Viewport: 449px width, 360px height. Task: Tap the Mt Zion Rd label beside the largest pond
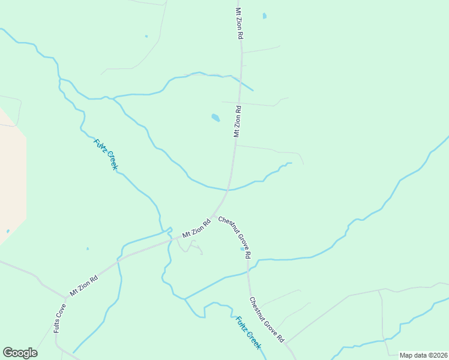click(237, 122)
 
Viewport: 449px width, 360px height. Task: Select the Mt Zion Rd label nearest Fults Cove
click(83, 286)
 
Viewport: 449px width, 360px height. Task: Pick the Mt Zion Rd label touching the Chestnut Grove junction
click(196, 227)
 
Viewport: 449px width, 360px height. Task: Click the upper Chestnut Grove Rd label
click(234, 237)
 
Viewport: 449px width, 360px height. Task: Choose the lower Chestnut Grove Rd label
click(267, 320)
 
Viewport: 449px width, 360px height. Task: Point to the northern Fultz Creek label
click(106, 154)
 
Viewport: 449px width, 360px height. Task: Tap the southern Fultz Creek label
click(248, 332)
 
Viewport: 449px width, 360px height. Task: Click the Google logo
click(20, 353)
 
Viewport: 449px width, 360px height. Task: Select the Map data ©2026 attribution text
click(423, 355)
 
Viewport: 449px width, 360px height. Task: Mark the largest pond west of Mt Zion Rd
click(215, 118)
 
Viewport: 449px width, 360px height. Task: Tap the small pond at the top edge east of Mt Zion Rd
click(264, 16)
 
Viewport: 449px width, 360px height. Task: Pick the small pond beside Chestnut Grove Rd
click(243, 248)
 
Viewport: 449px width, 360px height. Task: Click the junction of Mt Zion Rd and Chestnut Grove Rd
click(213, 216)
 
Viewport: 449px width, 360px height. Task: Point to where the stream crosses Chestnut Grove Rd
click(248, 271)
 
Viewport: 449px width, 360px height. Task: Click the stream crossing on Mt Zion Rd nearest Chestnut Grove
click(229, 189)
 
